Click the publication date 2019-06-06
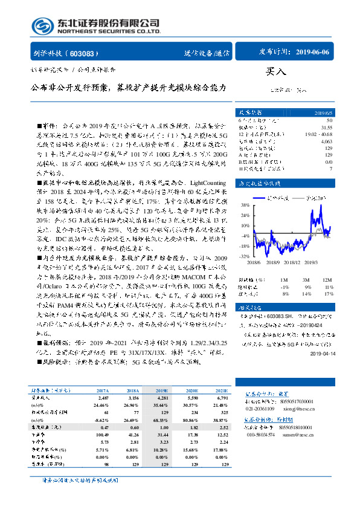point(312,53)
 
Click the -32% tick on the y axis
point(245,256)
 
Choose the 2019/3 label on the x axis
point(311,262)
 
